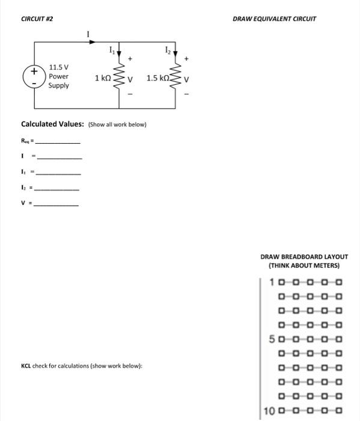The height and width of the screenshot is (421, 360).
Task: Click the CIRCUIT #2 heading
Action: pos(37,19)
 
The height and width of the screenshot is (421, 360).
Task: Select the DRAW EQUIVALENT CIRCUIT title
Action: pos(274,19)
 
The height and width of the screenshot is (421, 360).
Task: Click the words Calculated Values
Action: pos(52,124)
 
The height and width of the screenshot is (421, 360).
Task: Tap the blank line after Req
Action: pos(58,143)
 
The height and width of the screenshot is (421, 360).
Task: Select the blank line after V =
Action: pos(56,204)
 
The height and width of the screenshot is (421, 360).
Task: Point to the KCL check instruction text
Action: pos(81,366)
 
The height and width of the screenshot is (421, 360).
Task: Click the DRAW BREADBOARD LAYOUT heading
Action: pos(304,256)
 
